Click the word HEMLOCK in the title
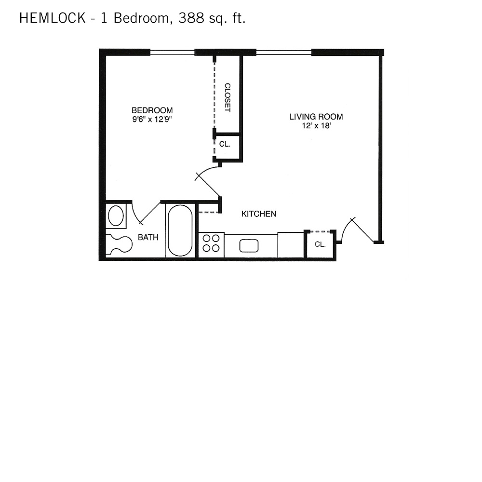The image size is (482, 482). (53, 18)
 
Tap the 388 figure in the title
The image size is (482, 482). (191, 18)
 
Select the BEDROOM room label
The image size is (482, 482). (152, 110)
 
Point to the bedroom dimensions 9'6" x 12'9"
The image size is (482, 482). (152, 119)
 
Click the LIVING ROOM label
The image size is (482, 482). (316, 117)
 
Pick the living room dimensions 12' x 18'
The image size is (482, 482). (316, 125)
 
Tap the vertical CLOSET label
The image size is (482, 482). (228, 97)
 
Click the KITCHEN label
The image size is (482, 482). (259, 214)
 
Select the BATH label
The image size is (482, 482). (148, 237)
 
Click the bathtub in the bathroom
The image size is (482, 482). (180, 230)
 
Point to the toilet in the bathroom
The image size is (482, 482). (119, 244)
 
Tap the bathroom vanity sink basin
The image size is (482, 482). (116, 215)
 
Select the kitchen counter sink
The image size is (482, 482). (249, 246)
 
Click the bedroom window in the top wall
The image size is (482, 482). (172, 52)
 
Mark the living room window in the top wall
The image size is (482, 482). (284, 52)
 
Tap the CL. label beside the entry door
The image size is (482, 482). (320, 244)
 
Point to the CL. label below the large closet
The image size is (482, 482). (225, 144)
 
